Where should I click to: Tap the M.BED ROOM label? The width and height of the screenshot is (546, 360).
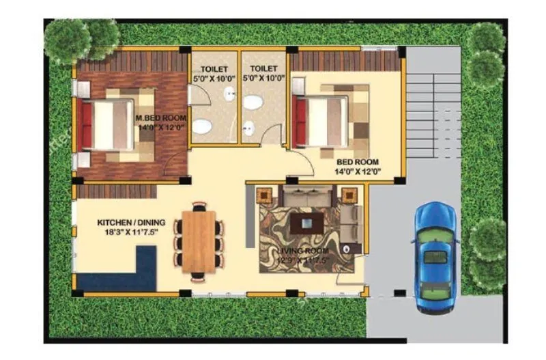(161, 117)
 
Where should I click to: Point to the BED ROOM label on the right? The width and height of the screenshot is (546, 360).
(358, 162)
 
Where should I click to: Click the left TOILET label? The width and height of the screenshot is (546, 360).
(214, 69)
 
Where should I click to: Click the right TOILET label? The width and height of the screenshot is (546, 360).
(263, 69)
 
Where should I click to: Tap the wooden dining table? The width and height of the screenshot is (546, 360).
(199, 240)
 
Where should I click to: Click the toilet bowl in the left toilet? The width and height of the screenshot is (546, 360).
(201, 127)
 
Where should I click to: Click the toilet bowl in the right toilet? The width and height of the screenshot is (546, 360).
(254, 103)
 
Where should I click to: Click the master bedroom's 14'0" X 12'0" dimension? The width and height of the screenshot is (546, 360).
(161, 127)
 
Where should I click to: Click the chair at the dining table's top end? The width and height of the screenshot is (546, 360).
(199, 205)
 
